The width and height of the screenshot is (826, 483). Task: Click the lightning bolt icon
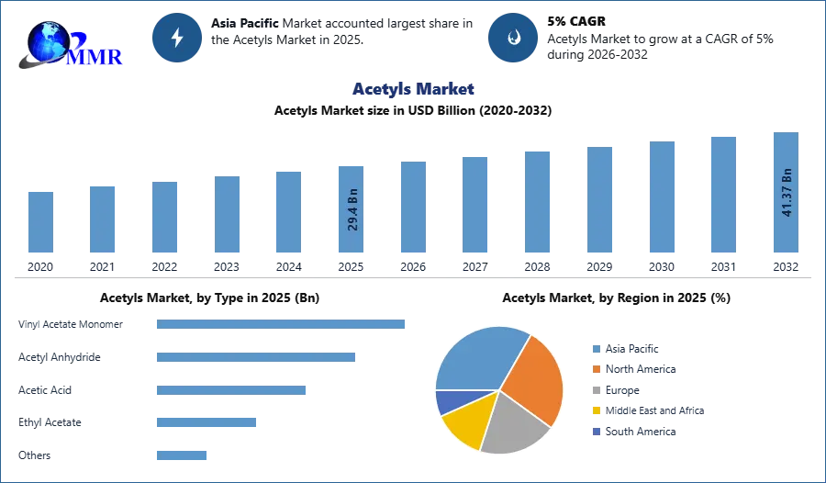[177, 38]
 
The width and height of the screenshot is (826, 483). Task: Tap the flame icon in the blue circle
[514, 38]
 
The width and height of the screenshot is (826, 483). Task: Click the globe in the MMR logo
[46, 40]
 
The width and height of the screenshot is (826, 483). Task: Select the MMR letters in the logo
[95, 57]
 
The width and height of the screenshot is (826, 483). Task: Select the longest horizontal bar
[282, 323]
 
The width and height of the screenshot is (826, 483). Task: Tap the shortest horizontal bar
[183, 455]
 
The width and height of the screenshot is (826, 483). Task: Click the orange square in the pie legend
[596, 369]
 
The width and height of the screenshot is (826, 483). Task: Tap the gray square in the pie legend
[596, 390]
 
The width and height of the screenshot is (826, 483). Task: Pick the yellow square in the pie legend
[596, 411]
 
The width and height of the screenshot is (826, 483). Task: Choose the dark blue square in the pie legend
[596, 432]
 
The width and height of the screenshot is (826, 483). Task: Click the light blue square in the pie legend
[596, 348]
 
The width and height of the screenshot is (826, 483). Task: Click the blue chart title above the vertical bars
[414, 90]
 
